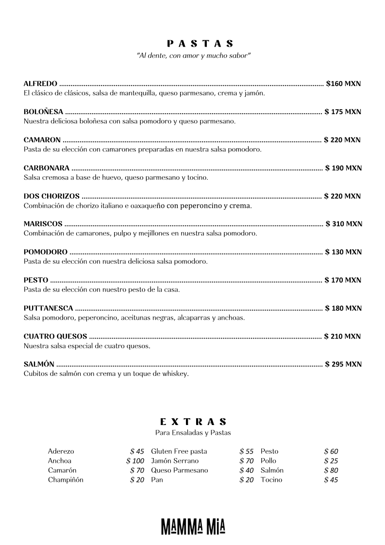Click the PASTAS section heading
coord(193,44)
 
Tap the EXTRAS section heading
coord(193,422)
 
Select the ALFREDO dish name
coord(40,84)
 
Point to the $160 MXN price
coord(344,84)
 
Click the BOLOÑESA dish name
coord(44,112)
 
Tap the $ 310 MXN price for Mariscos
coord(344,224)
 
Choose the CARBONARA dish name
coord(47,168)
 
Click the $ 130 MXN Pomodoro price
coord(343,252)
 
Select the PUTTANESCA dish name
coord(49,308)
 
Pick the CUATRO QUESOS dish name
coord(55,336)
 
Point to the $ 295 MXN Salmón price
coord(343,364)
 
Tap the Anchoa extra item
coord(59,461)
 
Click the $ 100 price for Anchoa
coord(135,461)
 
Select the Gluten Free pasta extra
coord(179,451)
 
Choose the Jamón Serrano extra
coord(175,461)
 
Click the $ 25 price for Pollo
coord(331,461)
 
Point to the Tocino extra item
coord(271,480)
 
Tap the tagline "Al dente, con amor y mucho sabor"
coord(193,56)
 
